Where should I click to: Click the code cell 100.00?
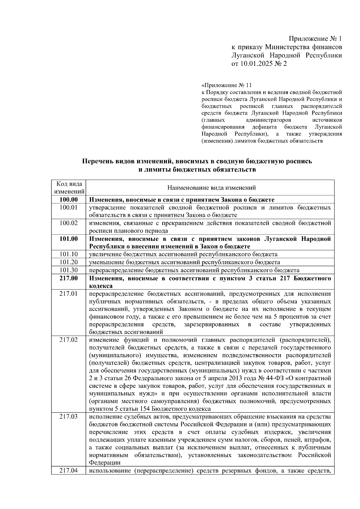pos(68,200)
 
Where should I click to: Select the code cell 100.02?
pos(68,223)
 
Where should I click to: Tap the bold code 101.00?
pos(68,239)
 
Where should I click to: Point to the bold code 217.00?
pos(68,278)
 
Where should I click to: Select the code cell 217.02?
pos(68,340)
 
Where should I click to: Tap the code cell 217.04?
pos(68,471)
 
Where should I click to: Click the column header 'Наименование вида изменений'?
pos(211,188)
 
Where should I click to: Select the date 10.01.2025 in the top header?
pos(255,64)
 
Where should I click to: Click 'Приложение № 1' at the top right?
pos(315,39)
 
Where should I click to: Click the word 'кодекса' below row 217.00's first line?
pos(101,286)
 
